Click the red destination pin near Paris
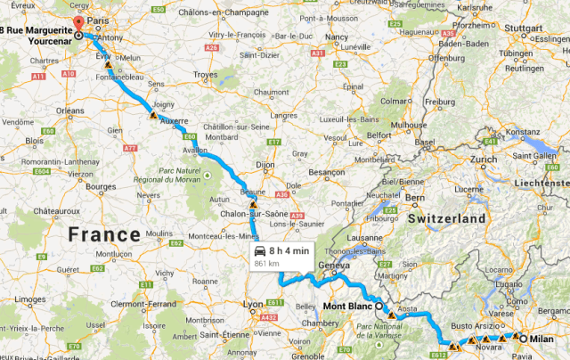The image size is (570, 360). [77, 24]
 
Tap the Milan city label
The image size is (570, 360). [541, 339]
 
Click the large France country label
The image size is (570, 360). [106, 234]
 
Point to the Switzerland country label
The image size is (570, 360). [448, 218]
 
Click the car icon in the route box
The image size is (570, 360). [259, 251]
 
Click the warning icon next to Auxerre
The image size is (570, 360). [153, 116]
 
